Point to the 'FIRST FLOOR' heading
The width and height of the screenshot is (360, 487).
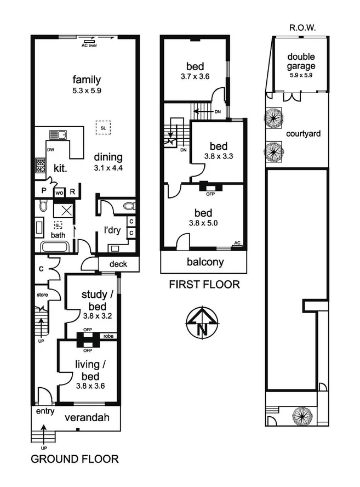point(204,284)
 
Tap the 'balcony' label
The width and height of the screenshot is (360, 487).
point(205,262)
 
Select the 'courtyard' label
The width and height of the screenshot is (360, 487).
point(303,133)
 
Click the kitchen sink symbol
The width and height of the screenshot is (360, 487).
point(56,134)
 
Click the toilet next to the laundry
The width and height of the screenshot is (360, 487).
point(128,206)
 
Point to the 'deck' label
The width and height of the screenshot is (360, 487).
point(118,264)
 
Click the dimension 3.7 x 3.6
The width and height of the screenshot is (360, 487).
point(195,77)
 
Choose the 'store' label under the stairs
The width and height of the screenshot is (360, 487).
point(42,295)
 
